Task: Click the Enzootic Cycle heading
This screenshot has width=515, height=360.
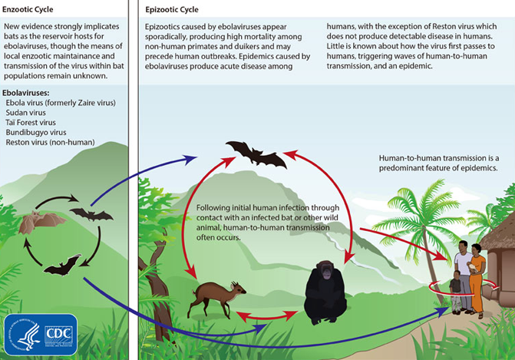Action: tap(28, 9)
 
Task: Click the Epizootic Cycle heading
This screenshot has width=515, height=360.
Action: tap(172, 9)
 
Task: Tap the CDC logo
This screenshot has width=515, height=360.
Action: tap(41, 335)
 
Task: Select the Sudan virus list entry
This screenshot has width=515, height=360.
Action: tap(25, 113)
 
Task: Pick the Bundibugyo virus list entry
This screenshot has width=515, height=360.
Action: tap(36, 132)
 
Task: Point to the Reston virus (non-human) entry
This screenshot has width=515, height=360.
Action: tap(50, 142)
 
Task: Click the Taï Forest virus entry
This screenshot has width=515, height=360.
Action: tap(31, 123)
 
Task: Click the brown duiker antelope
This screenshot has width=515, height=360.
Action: tap(216, 298)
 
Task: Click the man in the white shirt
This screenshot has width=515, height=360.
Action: tap(464, 274)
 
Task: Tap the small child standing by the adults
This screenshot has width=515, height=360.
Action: tap(456, 292)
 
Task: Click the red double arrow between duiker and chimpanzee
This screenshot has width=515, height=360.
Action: tap(266, 316)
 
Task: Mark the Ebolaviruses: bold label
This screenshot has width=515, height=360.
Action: tap(25, 93)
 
